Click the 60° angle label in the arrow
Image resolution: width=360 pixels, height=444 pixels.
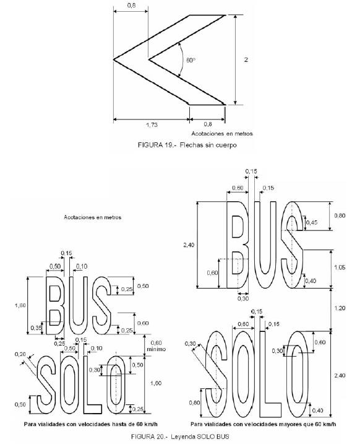pyautogui.click(x=191, y=60)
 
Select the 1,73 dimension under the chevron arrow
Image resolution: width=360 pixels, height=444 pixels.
pyautogui.click(x=152, y=124)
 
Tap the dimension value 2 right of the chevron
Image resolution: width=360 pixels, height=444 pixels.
pyautogui.click(x=246, y=59)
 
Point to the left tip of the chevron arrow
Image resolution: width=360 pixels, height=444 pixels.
pyautogui.click(x=114, y=59)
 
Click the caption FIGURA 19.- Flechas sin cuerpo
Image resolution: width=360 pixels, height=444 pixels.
pyautogui.click(x=187, y=145)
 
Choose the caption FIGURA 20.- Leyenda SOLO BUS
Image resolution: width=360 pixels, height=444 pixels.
pyautogui.click(x=180, y=437)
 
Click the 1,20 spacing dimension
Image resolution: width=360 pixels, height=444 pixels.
pyautogui.click(x=340, y=308)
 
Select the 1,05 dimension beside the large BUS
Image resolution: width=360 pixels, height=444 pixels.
pyautogui.click(x=340, y=268)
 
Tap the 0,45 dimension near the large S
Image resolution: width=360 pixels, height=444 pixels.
pyautogui.click(x=312, y=222)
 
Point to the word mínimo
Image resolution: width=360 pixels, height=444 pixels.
pyautogui.click(x=156, y=349)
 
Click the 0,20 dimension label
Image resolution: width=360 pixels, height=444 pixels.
pyautogui.click(x=20, y=354)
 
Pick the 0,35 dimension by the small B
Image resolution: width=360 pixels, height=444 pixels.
pyautogui.click(x=36, y=328)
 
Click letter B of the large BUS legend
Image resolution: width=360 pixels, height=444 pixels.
pyautogui.click(x=238, y=245)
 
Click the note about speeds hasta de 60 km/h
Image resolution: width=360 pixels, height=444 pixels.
pyautogui.click(x=91, y=424)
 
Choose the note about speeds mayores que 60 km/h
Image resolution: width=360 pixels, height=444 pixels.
pyautogui.click(x=264, y=424)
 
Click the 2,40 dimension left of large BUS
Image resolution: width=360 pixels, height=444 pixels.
pyautogui.click(x=189, y=245)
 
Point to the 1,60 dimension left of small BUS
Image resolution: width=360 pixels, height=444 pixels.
pyautogui.click(x=20, y=305)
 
